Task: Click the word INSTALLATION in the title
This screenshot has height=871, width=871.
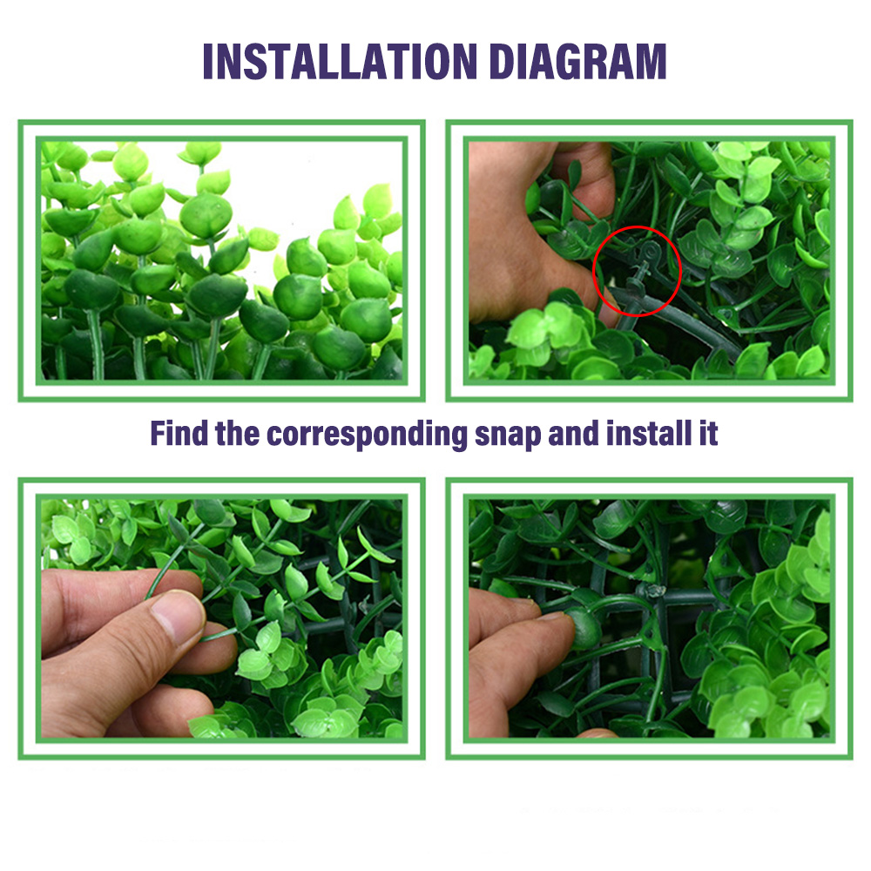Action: coord(340,62)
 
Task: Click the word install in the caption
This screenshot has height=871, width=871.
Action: coord(649,433)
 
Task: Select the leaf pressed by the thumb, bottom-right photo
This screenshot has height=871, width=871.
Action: coord(584,628)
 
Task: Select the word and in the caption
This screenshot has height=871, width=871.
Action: coord(573,433)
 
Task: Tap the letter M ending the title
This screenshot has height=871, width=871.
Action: coord(650,62)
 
